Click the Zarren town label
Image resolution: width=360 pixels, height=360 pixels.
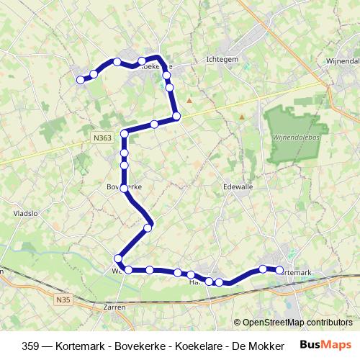[x=115, y=307]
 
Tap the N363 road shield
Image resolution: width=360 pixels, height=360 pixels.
[x=102, y=135]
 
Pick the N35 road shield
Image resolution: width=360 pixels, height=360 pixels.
[x=63, y=296]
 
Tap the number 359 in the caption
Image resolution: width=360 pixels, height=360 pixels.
[x=32, y=346]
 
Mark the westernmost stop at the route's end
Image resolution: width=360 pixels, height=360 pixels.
[x=80, y=79]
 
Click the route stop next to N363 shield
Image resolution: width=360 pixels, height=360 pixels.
[x=125, y=133]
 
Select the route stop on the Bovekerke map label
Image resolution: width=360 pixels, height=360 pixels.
[x=125, y=188]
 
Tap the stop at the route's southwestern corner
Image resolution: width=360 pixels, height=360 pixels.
[x=117, y=258]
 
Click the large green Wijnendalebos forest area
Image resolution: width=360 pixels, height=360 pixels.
[x=295, y=122]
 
